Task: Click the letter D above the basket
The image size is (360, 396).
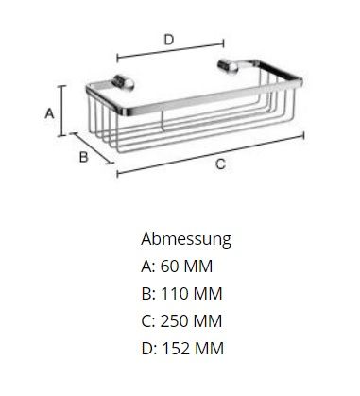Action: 169,40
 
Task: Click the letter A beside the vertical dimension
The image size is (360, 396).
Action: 49,113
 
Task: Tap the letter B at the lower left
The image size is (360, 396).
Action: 83,157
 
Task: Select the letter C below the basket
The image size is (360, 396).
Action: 220,164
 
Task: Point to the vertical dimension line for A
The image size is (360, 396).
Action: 62,111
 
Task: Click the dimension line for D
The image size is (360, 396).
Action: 170,49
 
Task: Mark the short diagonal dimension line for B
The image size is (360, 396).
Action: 92,148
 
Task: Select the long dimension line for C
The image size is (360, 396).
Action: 211,154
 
